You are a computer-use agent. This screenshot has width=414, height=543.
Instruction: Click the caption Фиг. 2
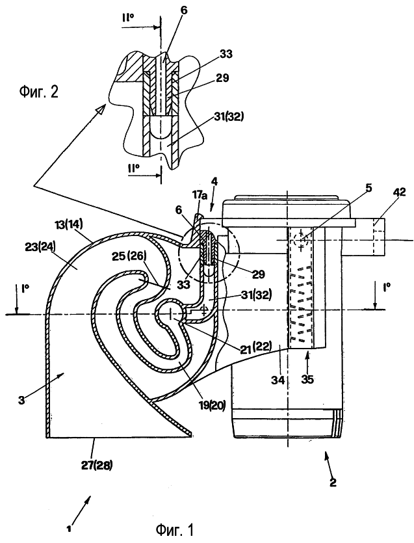pyautogui.click(x=38, y=93)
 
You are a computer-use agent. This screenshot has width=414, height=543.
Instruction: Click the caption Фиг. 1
pyautogui.click(x=174, y=529)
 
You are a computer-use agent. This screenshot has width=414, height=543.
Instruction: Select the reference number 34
pyautogui.click(x=278, y=380)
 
